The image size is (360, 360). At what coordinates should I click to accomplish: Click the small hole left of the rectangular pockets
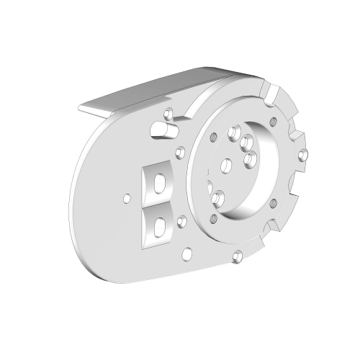[x=127, y=197]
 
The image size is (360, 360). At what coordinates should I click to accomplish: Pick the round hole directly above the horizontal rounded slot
[x=168, y=114]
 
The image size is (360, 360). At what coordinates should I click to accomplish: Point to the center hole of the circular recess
[x=224, y=166]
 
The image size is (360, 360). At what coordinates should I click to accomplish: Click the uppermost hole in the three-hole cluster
[x=233, y=133]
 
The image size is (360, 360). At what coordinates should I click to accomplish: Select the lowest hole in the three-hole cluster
[x=250, y=157]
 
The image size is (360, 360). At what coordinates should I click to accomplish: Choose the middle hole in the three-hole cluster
[x=246, y=141]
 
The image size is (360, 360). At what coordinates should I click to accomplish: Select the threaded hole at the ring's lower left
[x=214, y=219]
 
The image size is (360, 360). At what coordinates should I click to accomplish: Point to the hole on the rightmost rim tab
[x=303, y=153]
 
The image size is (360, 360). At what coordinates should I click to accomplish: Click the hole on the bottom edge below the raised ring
[x=236, y=254]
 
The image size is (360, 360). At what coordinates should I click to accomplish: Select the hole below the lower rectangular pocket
[x=187, y=252]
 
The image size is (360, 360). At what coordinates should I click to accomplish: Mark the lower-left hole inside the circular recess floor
[x=219, y=198]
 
